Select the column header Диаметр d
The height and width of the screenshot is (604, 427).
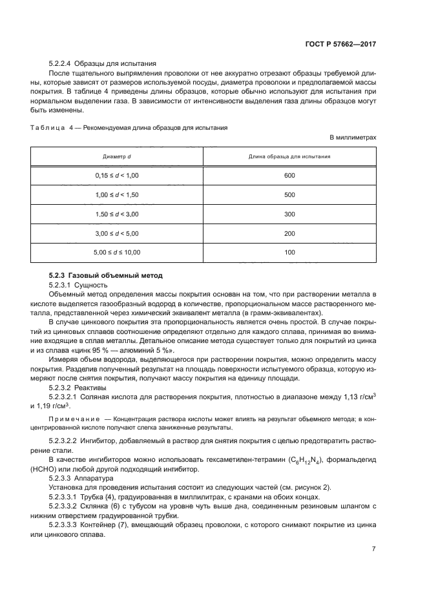pyautogui.click(x=117, y=157)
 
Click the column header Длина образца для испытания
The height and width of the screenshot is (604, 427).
pyautogui.click(x=289, y=157)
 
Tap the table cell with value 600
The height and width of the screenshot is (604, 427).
pyautogui.click(x=289, y=176)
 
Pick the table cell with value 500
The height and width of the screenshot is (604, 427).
pyautogui.click(x=289, y=194)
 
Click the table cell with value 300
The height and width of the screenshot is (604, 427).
pyautogui.click(x=289, y=214)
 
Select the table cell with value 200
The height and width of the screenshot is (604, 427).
pyautogui.click(x=289, y=233)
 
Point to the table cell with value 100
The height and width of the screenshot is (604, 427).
pyautogui.click(x=289, y=252)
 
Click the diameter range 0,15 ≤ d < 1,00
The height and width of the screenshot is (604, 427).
pyautogui.click(x=117, y=176)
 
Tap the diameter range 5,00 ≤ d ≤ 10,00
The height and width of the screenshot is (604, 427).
pyautogui.click(x=117, y=252)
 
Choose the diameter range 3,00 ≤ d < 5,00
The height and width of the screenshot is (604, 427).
pyautogui.click(x=117, y=233)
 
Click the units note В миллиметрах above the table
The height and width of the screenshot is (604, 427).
pyautogui.click(x=353, y=138)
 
